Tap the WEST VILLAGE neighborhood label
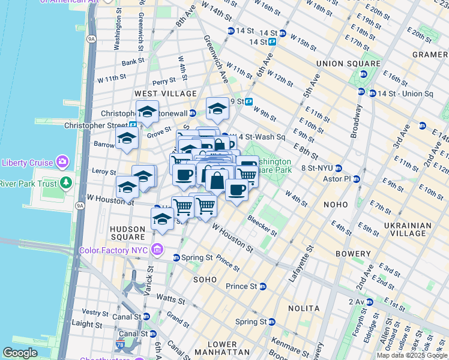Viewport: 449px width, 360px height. (166, 94)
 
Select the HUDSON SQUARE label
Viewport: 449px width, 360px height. (127, 233)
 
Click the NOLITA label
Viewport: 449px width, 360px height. (303, 308)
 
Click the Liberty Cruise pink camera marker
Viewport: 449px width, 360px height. (62, 162)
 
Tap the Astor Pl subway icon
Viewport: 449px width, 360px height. (357, 179)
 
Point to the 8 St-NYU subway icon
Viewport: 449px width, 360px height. (339, 169)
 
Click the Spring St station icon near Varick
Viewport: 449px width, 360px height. (176, 257)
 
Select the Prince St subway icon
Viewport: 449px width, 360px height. (262, 286)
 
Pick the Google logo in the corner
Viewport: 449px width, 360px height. (20, 353)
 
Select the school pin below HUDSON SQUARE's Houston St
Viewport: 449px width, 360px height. (162, 219)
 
